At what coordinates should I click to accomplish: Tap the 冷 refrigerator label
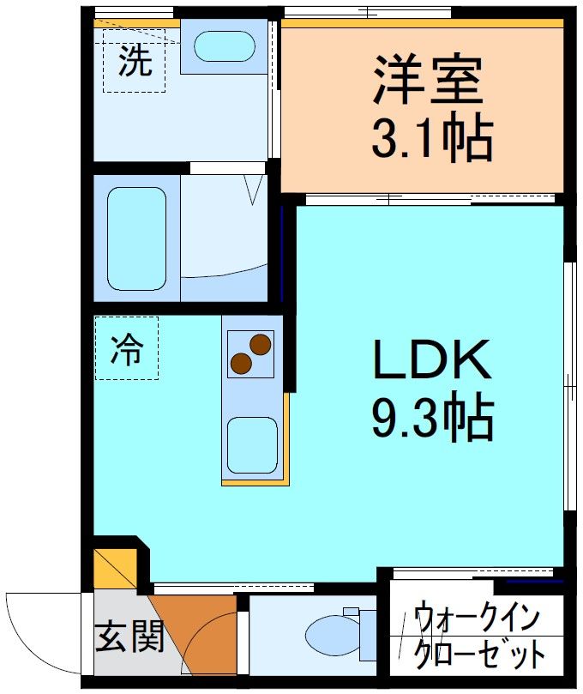coord(126,349)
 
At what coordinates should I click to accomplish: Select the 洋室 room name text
coord(427,79)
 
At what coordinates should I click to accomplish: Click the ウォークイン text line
coord(477,619)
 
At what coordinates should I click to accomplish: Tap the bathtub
coord(136,238)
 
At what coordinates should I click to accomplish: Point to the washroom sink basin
coord(224,47)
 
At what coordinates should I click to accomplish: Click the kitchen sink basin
coord(251,444)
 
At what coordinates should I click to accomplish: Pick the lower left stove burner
coord(242,363)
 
